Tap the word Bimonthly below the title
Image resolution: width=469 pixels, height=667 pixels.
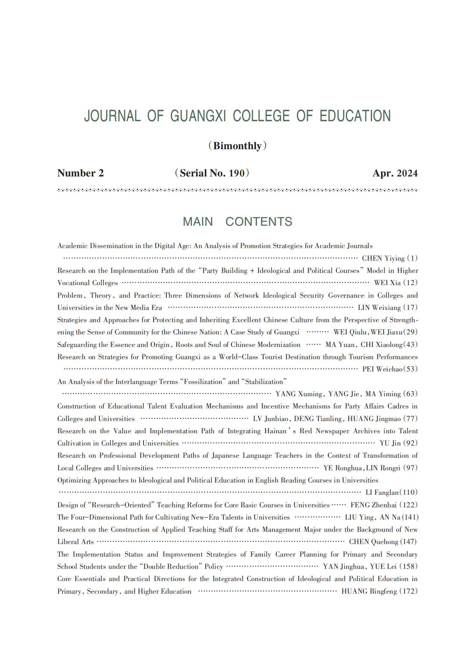[237, 146]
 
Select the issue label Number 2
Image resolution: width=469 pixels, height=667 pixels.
[80, 173]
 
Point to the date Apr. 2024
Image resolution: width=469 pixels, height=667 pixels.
[395, 173]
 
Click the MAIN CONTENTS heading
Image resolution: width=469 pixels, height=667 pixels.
[237, 222]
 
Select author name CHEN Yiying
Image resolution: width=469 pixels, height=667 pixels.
[383, 259]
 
